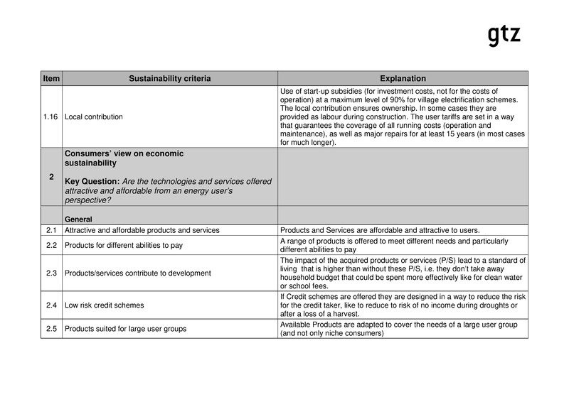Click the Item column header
pyautogui.click(x=52, y=78)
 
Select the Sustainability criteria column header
pyautogui.click(x=169, y=78)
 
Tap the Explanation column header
pyautogui.click(x=403, y=78)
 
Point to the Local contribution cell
pyautogui.click(x=94, y=116)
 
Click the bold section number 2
pyautogui.click(x=52, y=177)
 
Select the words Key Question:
pyautogui.click(x=91, y=181)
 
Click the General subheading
pyautogui.click(x=80, y=219)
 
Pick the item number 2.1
pyautogui.click(x=52, y=230)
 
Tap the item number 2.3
pyautogui.click(x=52, y=273)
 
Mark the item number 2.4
pyautogui.click(x=52, y=305)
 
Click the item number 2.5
pyautogui.click(x=52, y=329)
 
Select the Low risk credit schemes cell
pyautogui.click(x=105, y=305)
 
